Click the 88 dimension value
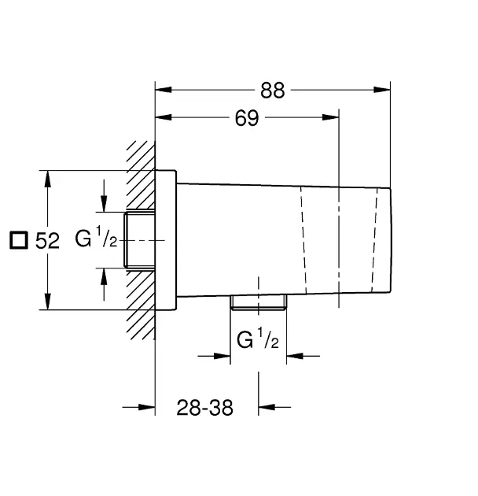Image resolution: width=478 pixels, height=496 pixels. (x=272, y=91)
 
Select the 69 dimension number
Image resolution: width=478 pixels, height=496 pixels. (x=247, y=118)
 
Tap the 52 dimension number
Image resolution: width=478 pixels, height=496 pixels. (x=47, y=241)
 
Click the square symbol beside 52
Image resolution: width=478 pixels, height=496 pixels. (x=19, y=240)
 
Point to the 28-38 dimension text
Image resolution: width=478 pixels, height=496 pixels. (x=204, y=408)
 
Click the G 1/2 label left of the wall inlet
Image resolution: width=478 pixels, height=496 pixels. (x=96, y=237)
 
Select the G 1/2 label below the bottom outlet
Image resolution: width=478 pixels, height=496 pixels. (x=258, y=339)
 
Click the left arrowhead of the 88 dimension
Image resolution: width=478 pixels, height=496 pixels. (x=164, y=90)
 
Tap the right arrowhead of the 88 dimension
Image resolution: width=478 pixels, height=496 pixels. (x=382, y=90)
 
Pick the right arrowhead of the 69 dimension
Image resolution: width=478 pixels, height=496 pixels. (x=330, y=117)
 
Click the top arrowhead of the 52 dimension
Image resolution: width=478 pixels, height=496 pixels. (x=47, y=179)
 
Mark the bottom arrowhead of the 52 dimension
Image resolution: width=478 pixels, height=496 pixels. (x=47, y=302)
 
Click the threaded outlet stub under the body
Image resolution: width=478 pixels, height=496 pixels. (x=259, y=302)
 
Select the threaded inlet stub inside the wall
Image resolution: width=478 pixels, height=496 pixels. (x=139, y=240)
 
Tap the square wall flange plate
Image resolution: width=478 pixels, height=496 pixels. (x=166, y=240)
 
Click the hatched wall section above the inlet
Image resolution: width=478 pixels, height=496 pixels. (x=141, y=175)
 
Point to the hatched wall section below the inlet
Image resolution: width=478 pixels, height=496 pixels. (x=141, y=305)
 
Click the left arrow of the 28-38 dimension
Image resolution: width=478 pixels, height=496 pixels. (x=138, y=407)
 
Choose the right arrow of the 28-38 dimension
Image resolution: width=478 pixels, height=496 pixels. (x=274, y=407)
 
